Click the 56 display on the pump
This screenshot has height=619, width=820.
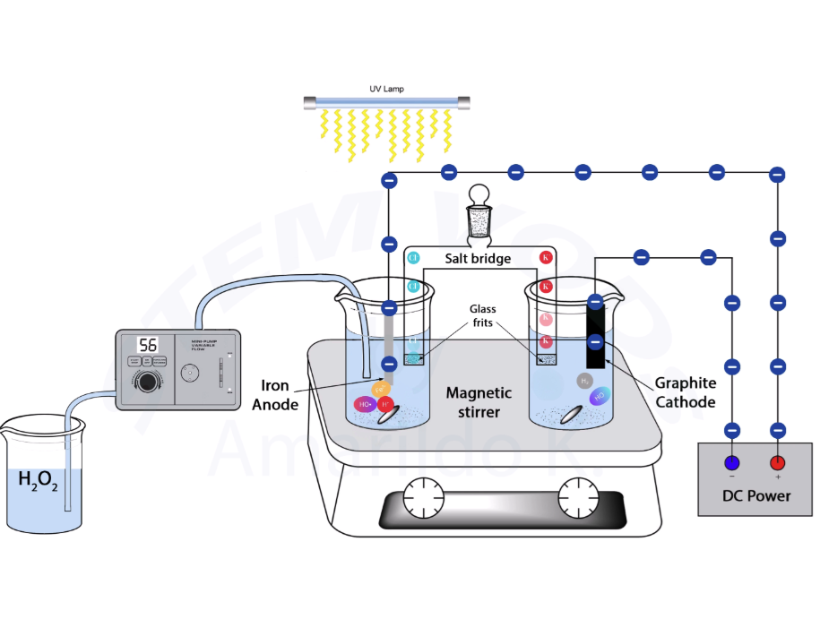point(147,345)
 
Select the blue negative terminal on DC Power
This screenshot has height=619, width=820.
point(732,463)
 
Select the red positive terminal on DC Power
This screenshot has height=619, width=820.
point(777,463)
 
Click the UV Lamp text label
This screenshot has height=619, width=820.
point(387,89)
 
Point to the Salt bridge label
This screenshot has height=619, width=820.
point(478,258)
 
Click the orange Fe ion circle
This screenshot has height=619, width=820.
point(380,390)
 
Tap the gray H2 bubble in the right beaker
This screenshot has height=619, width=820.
point(584,381)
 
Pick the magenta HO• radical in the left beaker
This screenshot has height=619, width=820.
point(365,405)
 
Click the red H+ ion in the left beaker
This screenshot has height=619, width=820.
point(385,404)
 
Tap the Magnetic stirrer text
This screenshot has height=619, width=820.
point(479,402)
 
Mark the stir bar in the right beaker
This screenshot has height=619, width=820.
point(569,414)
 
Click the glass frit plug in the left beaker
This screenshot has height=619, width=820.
point(413,358)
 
